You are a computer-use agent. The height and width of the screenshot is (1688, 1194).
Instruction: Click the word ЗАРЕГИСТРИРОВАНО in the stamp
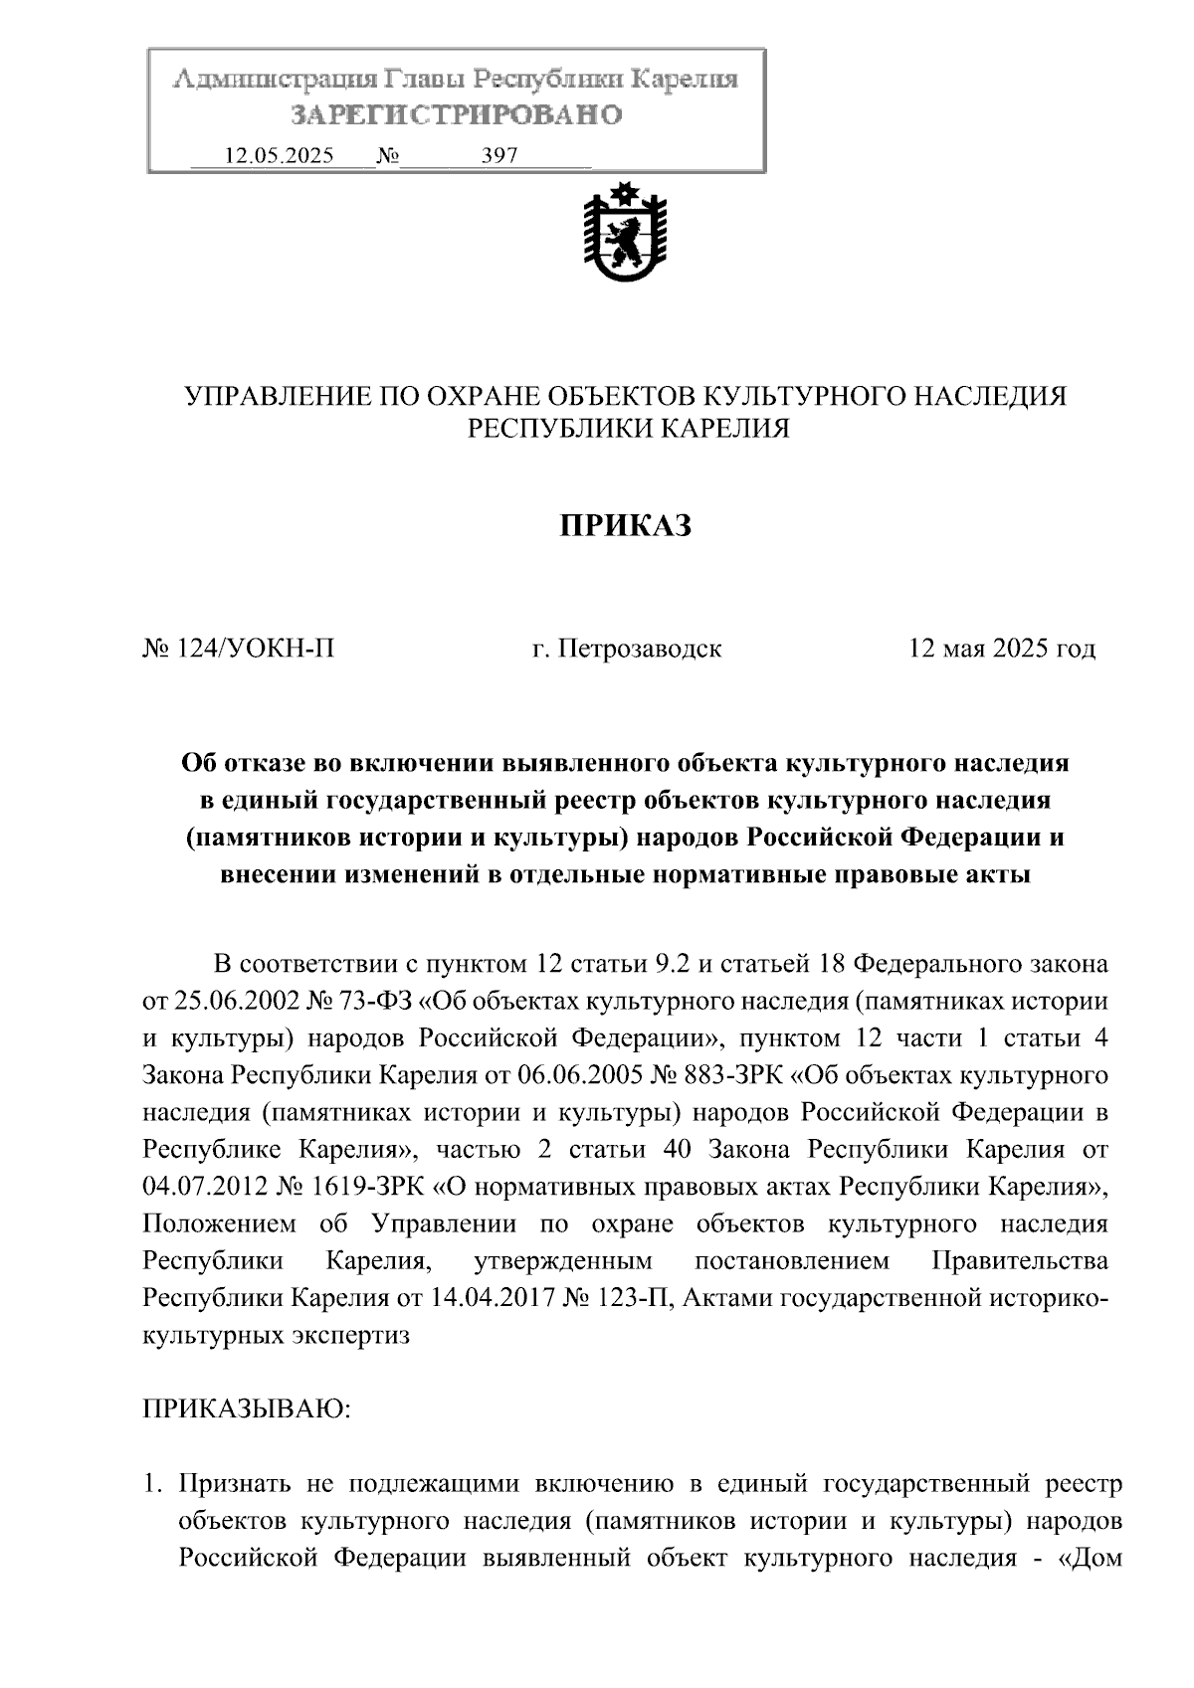pos(456,115)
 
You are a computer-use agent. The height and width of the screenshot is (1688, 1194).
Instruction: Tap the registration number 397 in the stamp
pos(499,156)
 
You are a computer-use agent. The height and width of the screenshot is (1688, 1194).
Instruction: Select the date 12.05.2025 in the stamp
pos(280,156)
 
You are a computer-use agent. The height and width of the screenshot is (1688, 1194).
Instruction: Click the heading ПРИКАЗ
pos(625,526)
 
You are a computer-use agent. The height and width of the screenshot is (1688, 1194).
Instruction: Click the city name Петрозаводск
pos(639,650)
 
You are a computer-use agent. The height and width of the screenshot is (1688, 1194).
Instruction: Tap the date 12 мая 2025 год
pos(1001,650)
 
